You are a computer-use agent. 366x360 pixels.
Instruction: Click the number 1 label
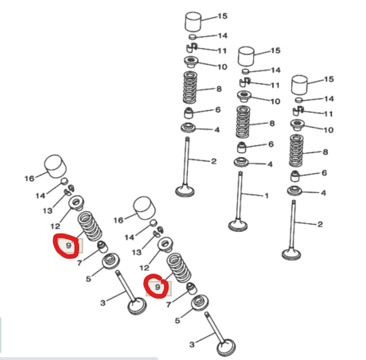[x=267, y=195]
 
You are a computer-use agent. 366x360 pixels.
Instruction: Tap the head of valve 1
[x=238, y=225]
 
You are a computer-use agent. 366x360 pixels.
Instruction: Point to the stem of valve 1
[x=240, y=195]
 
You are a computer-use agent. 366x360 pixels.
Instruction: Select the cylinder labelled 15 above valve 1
[x=246, y=56]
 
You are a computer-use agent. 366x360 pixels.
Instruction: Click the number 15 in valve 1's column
[x=276, y=51]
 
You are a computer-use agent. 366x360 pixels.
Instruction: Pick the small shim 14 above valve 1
[x=246, y=71]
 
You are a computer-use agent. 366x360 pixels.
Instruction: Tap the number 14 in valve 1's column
[x=276, y=70]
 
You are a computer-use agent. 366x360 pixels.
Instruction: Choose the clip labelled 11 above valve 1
[x=245, y=82]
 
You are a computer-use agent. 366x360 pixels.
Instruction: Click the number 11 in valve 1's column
[x=275, y=85]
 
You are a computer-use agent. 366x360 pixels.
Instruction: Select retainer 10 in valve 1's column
[x=244, y=96]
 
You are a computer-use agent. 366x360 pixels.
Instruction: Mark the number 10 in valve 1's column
[x=276, y=101]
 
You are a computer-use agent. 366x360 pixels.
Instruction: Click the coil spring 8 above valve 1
[x=243, y=121]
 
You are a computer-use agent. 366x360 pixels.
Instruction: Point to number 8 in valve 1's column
[x=272, y=123]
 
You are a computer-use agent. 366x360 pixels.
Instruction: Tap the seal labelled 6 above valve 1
[x=242, y=147]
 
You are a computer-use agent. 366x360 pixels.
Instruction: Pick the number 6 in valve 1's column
[x=271, y=144]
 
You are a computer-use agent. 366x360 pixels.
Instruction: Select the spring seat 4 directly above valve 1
[x=241, y=162]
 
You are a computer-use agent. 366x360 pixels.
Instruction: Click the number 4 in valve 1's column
[x=270, y=164]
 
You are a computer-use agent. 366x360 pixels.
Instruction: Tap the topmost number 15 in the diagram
[x=223, y=16]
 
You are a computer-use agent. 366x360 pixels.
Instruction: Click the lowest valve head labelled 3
[x=226, y=347]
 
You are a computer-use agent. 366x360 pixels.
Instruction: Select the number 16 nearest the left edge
[x=30, y=179]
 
